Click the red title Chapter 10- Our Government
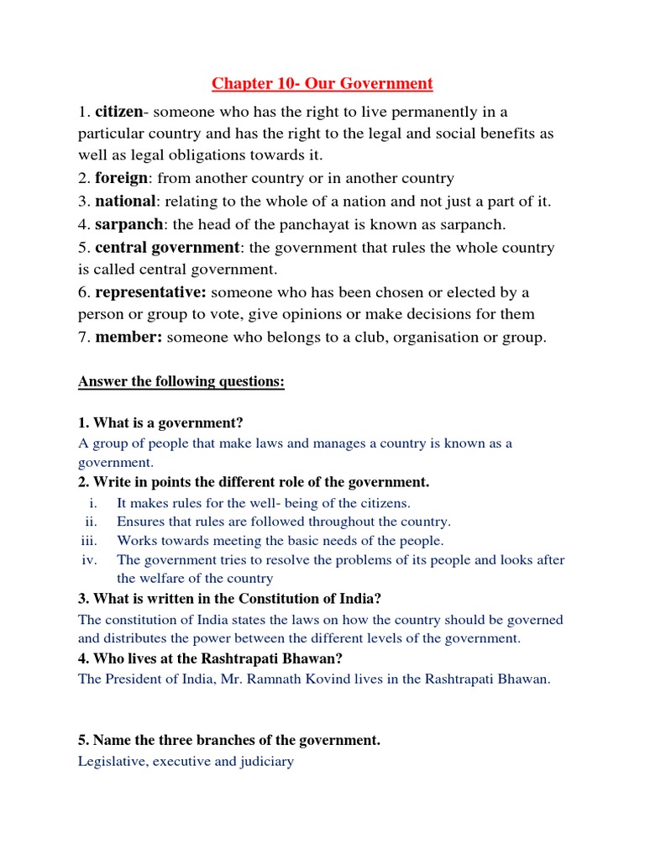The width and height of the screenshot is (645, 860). pos(322,83)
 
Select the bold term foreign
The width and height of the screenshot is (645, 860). pos(122,178)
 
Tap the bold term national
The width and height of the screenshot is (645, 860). pos(125,201)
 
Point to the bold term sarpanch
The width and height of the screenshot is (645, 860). pos(128,223)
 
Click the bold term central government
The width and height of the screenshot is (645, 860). pos(167,248)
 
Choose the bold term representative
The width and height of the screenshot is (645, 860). pos(150,292)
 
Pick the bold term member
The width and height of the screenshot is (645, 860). pos(128,337)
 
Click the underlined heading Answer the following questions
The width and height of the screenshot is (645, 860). pos(181,382)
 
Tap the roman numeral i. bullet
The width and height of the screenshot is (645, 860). pos(92,503)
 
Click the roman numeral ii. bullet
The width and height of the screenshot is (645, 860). pos(91,522)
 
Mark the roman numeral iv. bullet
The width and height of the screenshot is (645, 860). pos(90,560)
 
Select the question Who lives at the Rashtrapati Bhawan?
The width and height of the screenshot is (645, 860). pos(210,659)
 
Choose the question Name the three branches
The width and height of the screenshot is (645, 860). pos(229,740)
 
